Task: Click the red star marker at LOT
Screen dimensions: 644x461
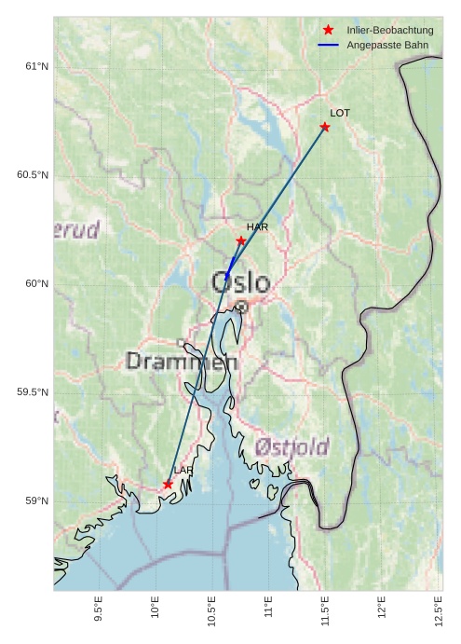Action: click(325, 127)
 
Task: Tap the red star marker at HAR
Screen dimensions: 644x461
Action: click(241, 240)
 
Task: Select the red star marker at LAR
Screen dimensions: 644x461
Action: click(169, 485)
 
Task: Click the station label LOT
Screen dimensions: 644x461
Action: click(340, 113)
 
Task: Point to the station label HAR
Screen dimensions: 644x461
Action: click(257, 226)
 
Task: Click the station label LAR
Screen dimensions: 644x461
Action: click(183, 471)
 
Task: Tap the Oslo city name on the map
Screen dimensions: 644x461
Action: click(240, 282)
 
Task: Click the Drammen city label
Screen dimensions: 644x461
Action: click(182, 362)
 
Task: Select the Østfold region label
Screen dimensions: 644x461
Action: click(292, 447)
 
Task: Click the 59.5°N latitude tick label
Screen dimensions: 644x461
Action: click(33, 392)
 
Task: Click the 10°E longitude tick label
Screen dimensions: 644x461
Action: click(155, 609)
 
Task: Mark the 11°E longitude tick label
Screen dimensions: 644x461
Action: click(268, 609)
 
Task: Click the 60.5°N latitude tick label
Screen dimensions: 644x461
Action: click(33, 175)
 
